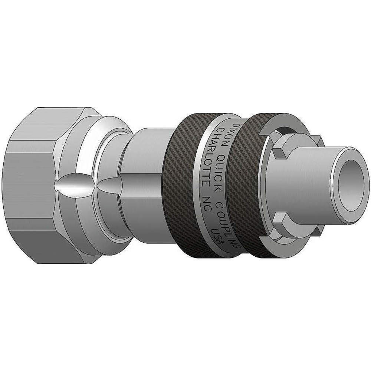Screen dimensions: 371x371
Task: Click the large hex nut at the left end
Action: point(33,185)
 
